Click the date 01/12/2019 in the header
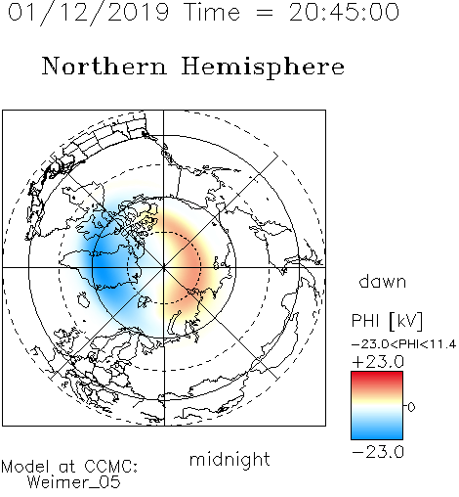(88, 13)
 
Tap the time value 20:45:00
(344, 13)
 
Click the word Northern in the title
(104, 67)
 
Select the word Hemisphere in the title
(263, 68)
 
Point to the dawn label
(383, 281)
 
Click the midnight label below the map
(229, 459)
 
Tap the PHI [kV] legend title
(387, 321)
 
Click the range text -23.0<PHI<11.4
(403, 344)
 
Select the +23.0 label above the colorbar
(378, 362)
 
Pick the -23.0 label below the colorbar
(378, 452)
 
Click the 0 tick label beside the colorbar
(411, 407)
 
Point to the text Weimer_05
(74, 482)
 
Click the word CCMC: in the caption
(110, 467)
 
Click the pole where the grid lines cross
(164, 267)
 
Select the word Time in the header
(212, 13)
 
